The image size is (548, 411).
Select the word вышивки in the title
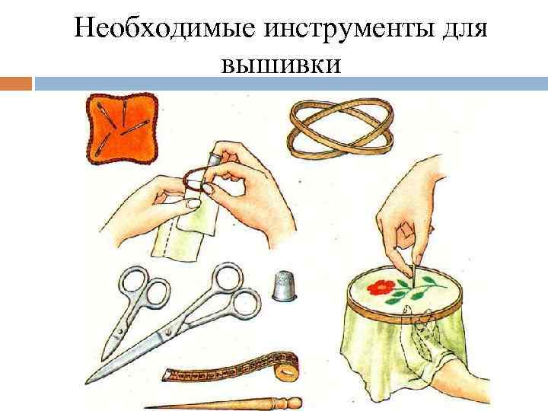(281, 65)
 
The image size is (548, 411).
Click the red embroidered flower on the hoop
(382, 288)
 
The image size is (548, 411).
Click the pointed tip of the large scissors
(89, 378)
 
